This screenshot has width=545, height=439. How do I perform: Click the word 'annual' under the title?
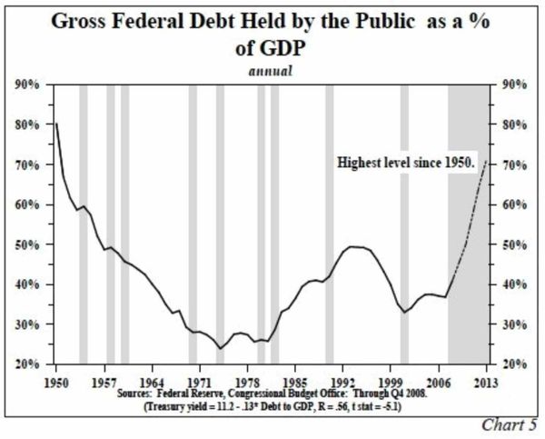272,70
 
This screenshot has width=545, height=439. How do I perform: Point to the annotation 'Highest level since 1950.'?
407,165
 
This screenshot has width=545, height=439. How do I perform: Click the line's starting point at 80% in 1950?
56,123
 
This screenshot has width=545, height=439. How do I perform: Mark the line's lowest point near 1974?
219,348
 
